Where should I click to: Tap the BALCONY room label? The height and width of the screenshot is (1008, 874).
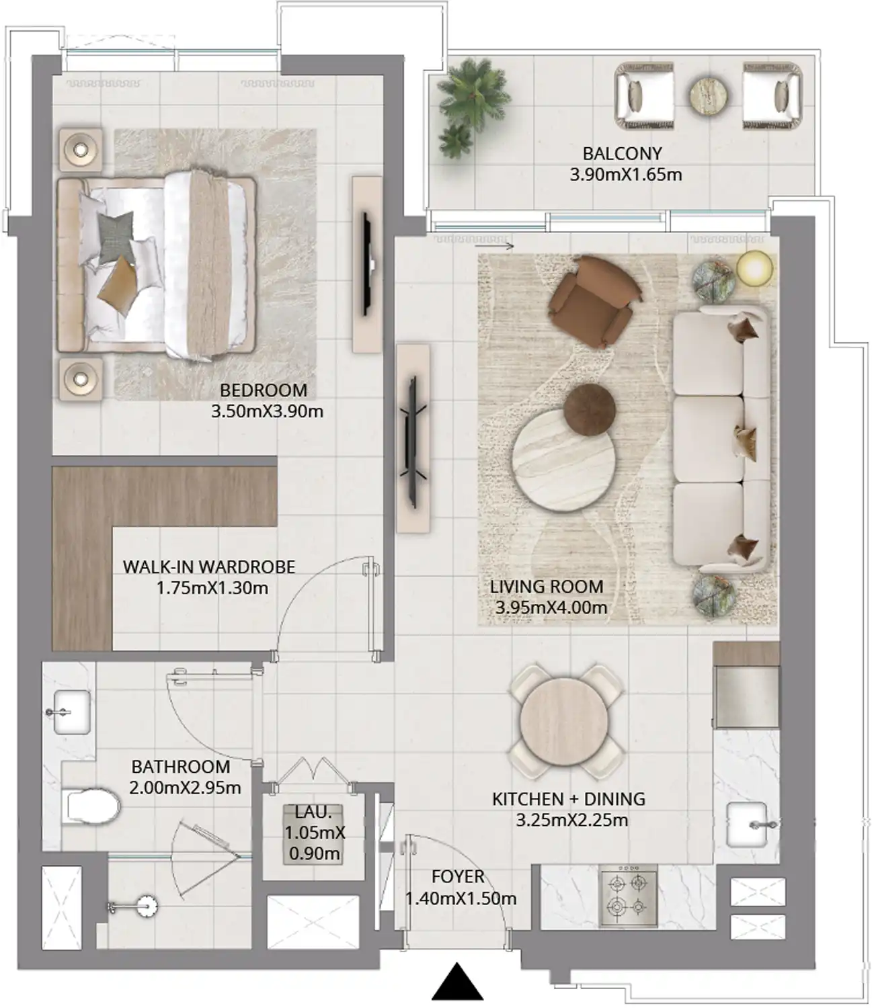click(622, 154)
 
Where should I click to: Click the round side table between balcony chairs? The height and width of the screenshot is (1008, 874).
click(709, 96)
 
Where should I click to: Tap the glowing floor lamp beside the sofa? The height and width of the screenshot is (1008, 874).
click(755, 267)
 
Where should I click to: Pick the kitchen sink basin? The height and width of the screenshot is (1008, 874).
click(747, 824)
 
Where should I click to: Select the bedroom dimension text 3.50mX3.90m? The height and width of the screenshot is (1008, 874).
click(267, 411)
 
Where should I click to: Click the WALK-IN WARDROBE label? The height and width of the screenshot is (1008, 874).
click(209, 566)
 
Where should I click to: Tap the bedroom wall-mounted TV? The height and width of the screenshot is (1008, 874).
click(368, 263)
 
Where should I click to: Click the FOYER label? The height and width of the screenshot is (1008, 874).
click(458, 877)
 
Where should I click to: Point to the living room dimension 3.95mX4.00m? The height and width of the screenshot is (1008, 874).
click(551, 607)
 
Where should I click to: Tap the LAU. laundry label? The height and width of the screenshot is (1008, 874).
click(314, 812)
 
